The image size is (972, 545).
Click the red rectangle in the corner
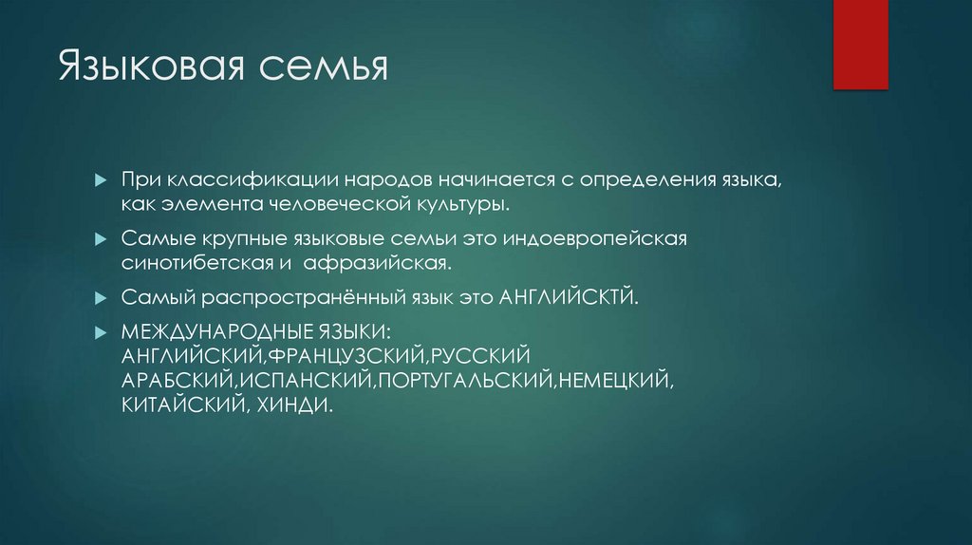[x=860, y=45]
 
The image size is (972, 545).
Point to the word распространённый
[x=290, y=297]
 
